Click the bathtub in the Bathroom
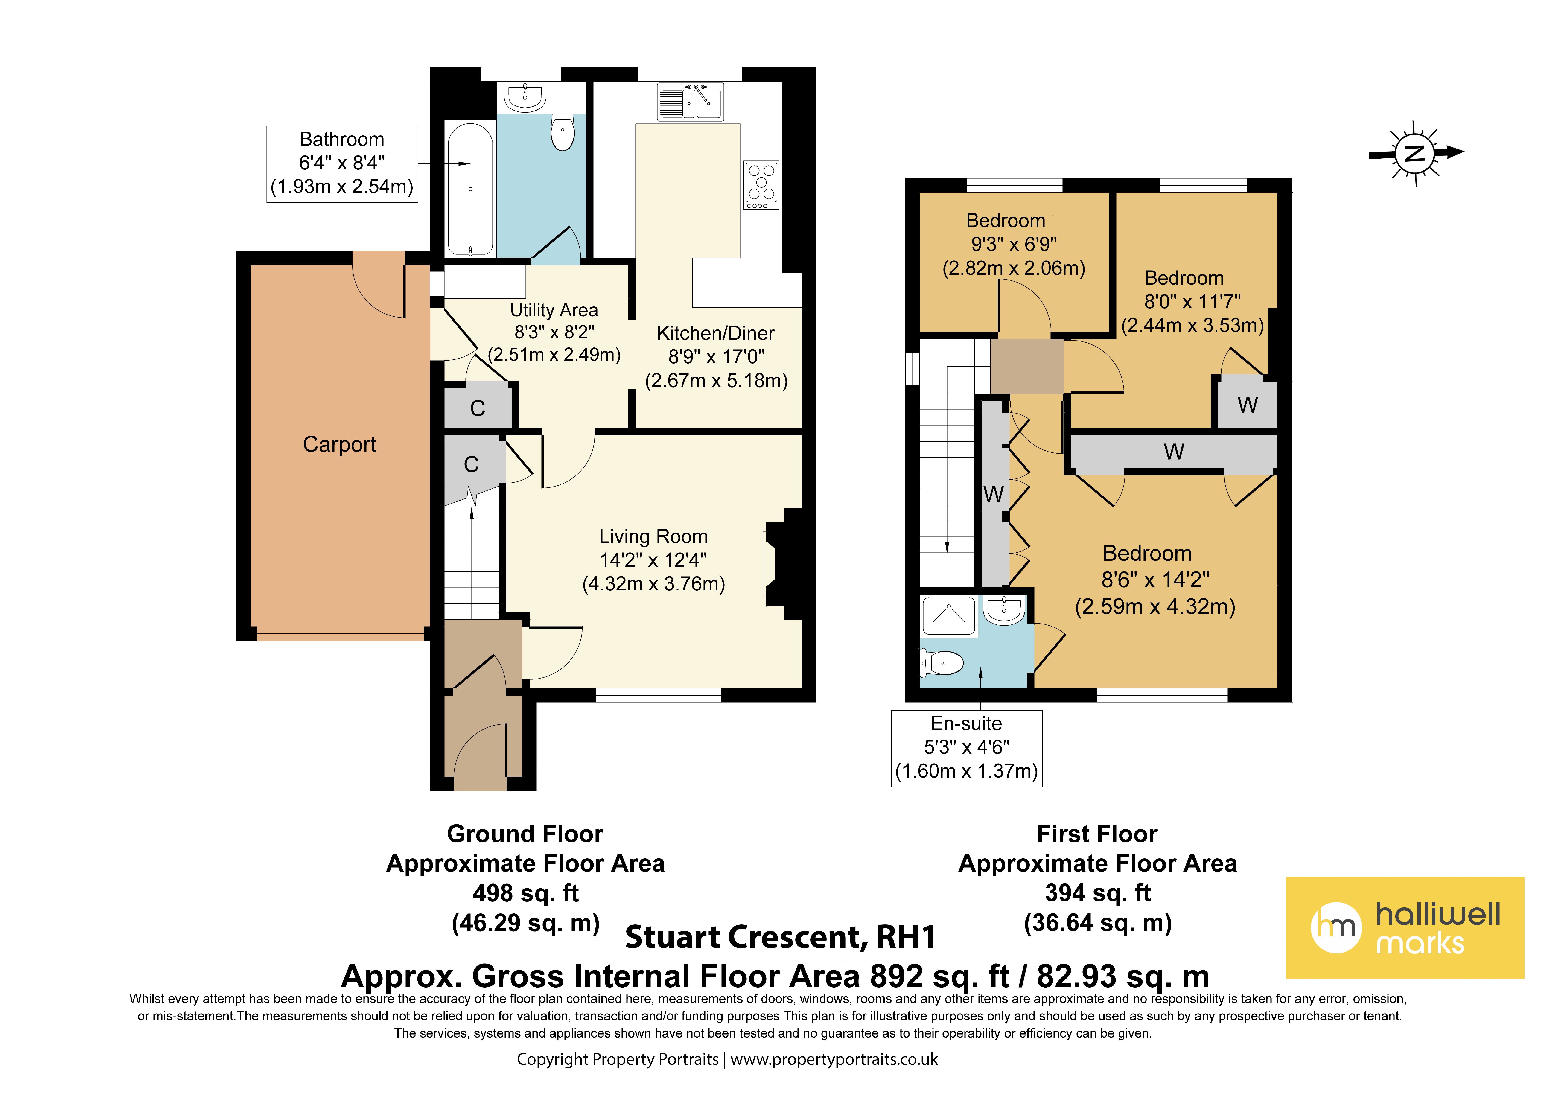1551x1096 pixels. click(x=470, y=189)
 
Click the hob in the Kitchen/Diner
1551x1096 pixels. click(x=761, y=184)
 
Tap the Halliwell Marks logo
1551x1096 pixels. click(x=1405, y=928)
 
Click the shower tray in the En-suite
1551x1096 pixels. click(x=948, y=615)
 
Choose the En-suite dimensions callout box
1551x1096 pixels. click(x=967, y=748)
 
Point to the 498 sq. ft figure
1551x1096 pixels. click(x=525, y=893)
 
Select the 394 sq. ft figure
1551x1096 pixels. click(x=1098, y=893)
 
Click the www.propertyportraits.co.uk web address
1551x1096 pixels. click(x=834, y=1060)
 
